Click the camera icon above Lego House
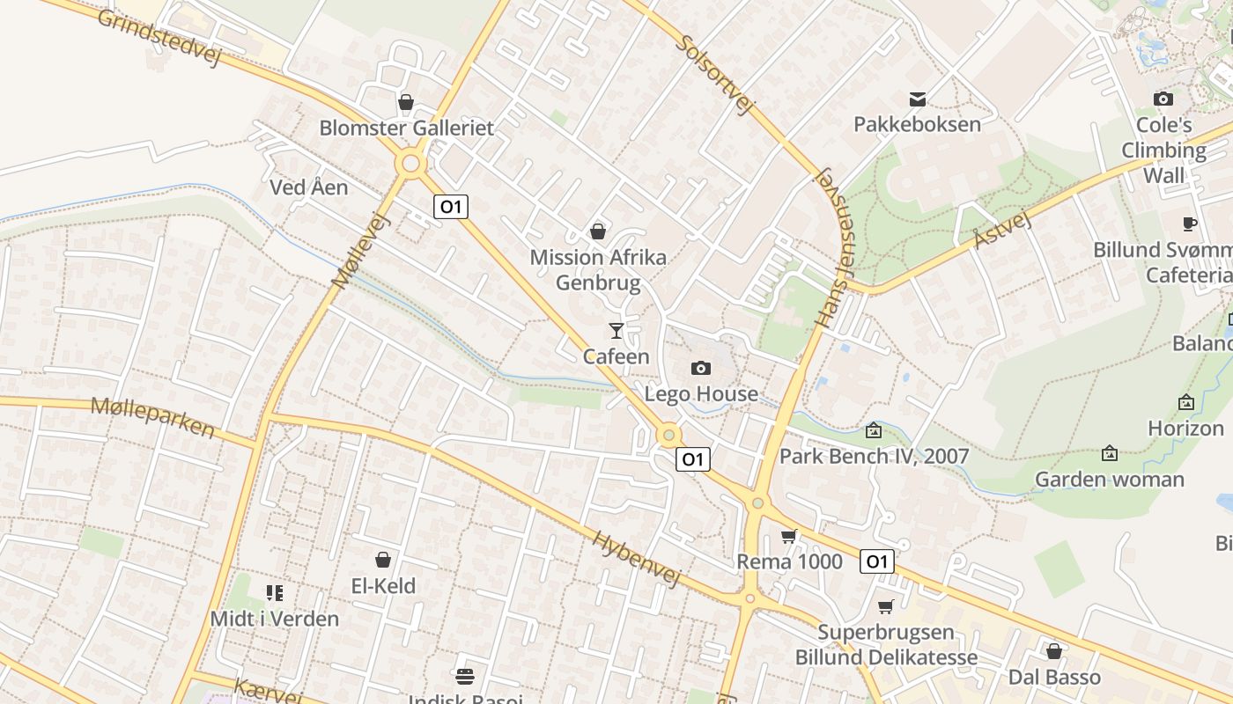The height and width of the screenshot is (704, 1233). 701,368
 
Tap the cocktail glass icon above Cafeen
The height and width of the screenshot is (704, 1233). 616,331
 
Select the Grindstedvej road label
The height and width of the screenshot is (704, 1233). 158,39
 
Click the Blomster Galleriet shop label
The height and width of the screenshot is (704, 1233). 406,128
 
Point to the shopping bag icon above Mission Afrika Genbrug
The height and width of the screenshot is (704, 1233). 598,231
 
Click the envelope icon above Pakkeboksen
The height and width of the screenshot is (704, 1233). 918,99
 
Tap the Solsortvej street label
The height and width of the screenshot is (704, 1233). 717,76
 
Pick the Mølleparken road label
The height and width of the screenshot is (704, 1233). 152,417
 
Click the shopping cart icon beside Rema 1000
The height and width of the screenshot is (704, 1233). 789,536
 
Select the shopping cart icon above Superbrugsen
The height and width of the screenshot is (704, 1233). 886,606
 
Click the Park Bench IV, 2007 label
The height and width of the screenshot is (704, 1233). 874,456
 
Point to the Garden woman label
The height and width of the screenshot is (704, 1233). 1109,480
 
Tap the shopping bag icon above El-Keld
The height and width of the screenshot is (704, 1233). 383,560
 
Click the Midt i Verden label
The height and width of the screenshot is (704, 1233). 274,619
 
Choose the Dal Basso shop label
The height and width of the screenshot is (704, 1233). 1054,677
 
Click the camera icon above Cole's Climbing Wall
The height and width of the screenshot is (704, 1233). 1163,99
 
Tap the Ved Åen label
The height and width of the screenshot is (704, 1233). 308,187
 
